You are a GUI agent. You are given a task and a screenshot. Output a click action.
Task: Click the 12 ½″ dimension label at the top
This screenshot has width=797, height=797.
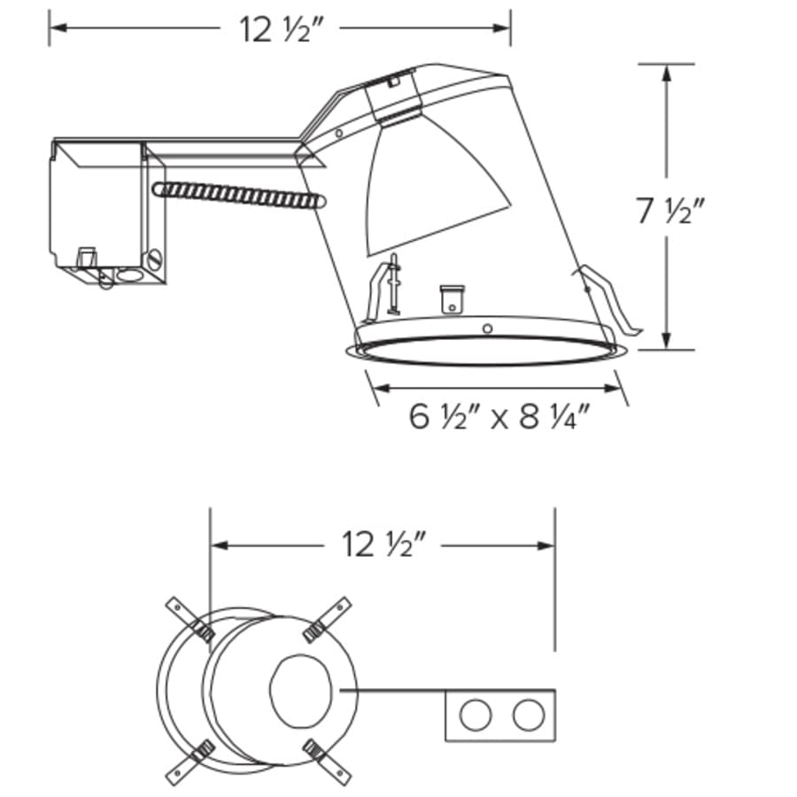point(281,30)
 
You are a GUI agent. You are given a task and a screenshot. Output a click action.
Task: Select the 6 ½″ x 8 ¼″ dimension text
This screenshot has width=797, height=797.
point(499,417)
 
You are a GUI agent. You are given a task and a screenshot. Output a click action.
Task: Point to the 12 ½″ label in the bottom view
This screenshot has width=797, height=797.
point(383,545)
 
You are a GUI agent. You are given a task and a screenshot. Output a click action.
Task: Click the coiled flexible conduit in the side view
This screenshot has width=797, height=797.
point(239,195)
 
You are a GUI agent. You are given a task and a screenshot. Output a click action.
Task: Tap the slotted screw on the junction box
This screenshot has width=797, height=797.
point(156,259)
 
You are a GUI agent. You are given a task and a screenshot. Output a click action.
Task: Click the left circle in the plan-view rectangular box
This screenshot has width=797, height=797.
point(476,715)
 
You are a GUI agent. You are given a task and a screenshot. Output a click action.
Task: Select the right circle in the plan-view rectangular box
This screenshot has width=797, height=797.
point(529,715)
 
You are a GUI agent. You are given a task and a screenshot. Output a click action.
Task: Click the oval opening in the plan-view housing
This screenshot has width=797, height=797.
point(300,690)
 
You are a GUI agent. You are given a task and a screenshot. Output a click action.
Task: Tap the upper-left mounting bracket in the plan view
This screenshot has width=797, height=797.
point(190,619)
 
